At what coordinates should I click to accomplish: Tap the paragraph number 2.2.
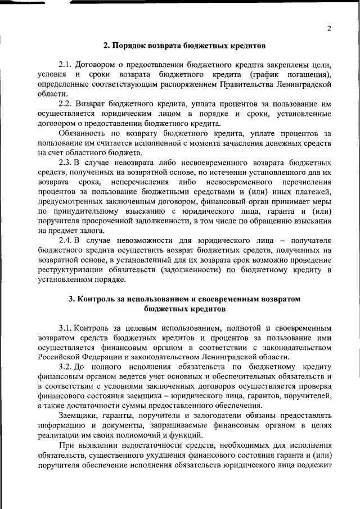pos(66,105)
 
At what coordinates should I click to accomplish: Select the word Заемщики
pos(80,416)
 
